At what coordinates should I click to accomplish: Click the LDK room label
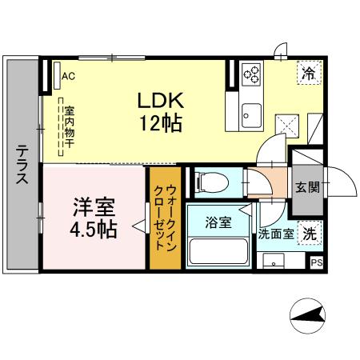162,101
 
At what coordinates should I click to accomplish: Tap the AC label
68,76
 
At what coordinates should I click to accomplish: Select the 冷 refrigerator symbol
309,74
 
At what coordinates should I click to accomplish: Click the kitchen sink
253,111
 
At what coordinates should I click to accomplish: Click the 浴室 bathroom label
218,223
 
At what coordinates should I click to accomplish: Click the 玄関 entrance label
306,189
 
